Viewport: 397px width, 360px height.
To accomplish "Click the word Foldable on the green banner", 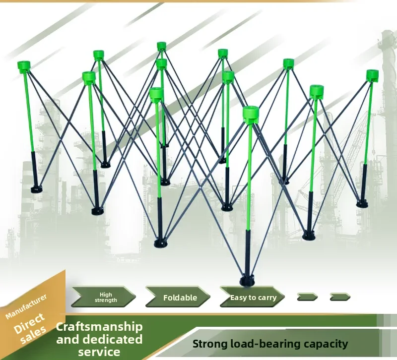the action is point(180,298).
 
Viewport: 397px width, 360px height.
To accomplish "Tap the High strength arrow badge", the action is point(103,297).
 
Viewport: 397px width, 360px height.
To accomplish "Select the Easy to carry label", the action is point(253,298).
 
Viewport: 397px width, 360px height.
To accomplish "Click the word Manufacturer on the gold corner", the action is point(26,306).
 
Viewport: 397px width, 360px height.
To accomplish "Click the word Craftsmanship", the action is point(99,327).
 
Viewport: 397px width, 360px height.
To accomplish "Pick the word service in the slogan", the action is point(99,352).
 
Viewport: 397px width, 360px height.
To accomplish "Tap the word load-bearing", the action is point(265,344).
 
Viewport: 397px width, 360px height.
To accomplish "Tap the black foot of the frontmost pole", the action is point(247,280).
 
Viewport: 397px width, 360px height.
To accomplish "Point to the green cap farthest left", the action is point(24,67).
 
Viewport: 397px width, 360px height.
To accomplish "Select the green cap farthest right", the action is point(373,76).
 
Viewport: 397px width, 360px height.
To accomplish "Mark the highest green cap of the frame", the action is point(161,46).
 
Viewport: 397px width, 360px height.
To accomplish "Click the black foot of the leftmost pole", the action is point(37,189).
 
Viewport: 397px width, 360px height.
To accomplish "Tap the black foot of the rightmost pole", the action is point(362,204).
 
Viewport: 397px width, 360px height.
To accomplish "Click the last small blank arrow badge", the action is point(340,297).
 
